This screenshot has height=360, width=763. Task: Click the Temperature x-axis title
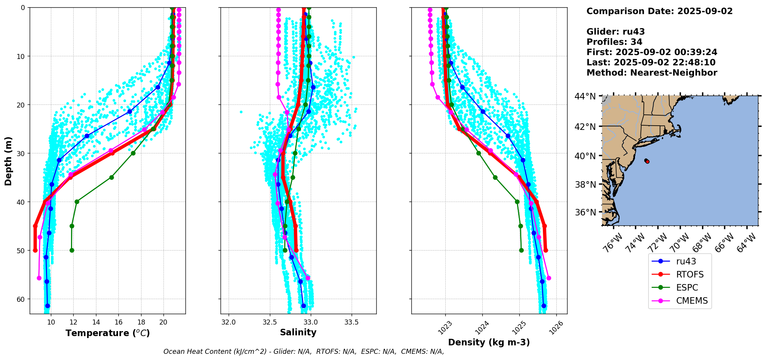108,333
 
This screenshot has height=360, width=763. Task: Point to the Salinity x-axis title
298,332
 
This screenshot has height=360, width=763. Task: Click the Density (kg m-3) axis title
489,342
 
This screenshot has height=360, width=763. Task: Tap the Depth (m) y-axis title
8,161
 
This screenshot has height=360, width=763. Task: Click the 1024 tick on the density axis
482,328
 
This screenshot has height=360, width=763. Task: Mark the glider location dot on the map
647,161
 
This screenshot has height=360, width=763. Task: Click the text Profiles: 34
614,42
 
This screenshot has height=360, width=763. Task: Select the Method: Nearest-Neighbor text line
652,73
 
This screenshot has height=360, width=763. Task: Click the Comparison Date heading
659,11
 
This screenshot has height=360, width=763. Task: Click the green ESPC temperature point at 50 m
72,251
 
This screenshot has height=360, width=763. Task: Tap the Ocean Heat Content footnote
303,352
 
